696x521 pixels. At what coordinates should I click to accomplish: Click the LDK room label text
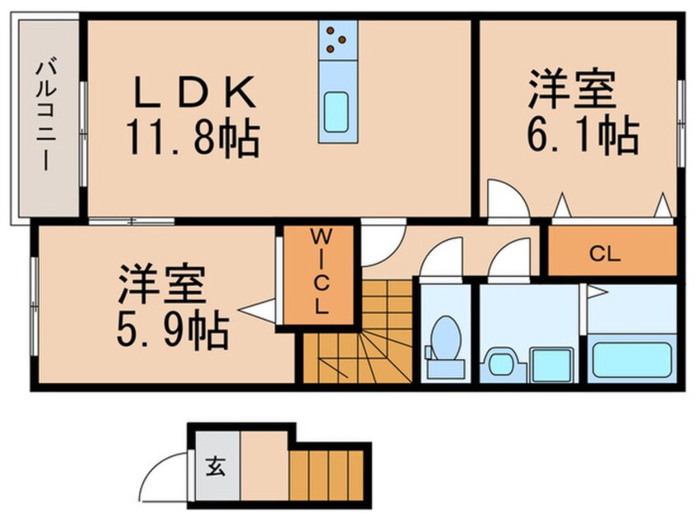(x=195, y=93)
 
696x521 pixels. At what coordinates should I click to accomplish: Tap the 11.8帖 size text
(x=193, y=138)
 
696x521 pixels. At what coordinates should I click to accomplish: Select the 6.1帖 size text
(x=582, y=135)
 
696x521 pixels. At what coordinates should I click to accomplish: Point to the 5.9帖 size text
(x=173, y=331)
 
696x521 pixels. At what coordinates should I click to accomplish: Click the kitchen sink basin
(x=336, y=112)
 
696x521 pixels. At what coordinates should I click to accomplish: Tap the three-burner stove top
(x=338, y=40)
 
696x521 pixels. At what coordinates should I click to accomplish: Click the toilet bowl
(x=445, y=337)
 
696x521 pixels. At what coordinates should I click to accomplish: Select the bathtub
(x=631, y=359)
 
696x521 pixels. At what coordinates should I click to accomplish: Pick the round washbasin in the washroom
(x=500, y=363)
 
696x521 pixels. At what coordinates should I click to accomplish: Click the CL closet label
(x=605, y=254)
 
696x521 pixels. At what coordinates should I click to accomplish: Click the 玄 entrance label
(x=216, y=467)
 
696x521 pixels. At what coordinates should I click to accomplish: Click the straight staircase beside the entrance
(x=327, y=475)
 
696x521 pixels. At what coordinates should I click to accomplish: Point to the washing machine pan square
(x=551, y=365)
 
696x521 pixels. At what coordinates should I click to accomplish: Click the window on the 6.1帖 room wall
(x=681, y=124)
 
